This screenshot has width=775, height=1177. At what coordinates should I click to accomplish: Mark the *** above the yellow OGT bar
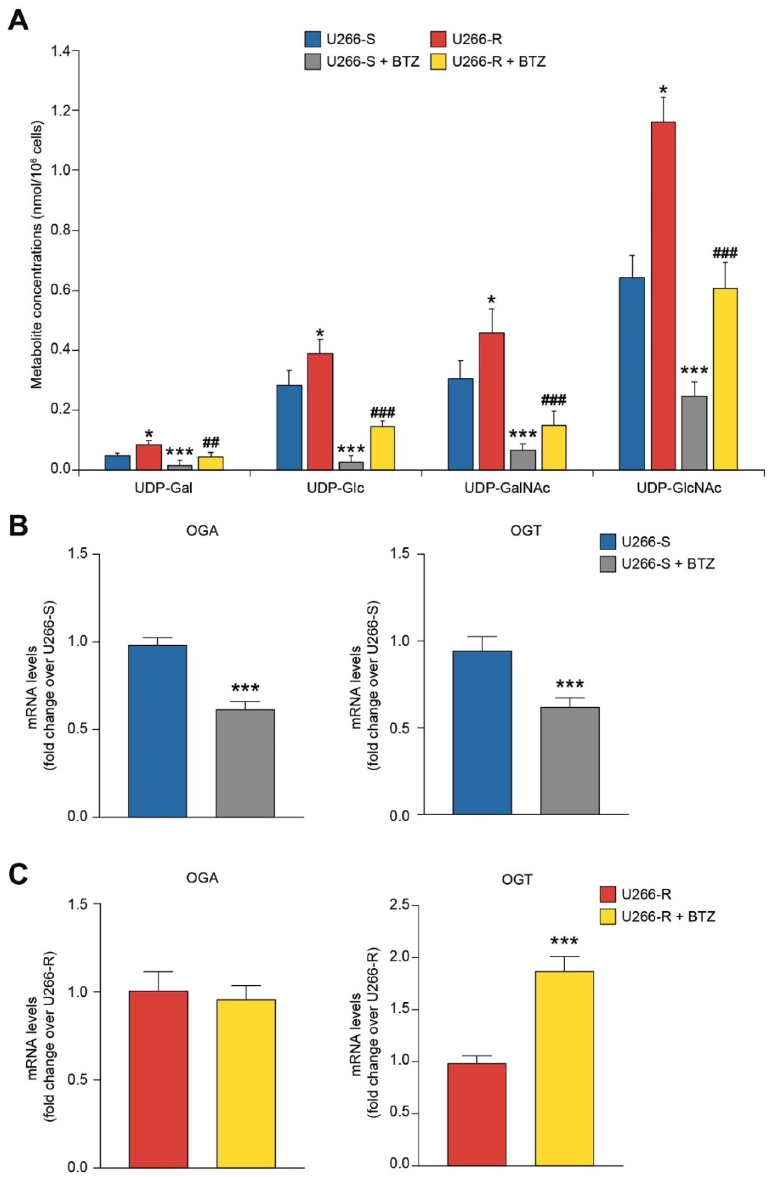coord(564,942)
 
